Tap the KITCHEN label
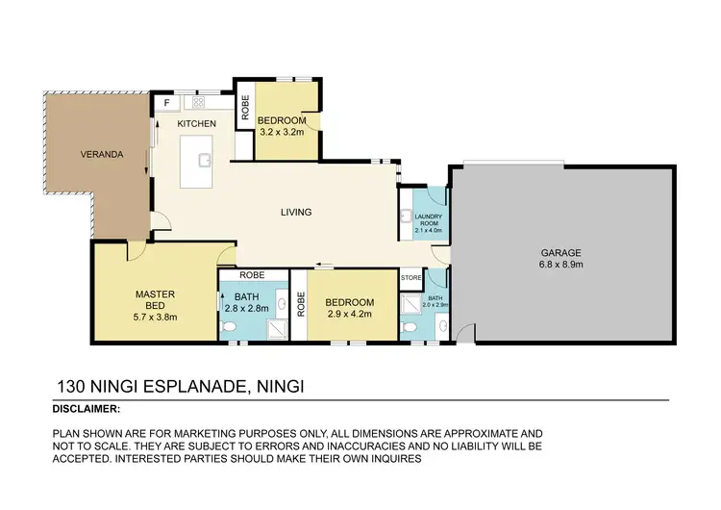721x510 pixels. pos(195,124)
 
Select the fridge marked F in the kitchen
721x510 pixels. pos(166,101)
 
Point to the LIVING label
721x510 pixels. pos(295,213)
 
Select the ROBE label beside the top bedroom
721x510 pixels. pos(245,110)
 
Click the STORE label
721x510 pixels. pos(410,279)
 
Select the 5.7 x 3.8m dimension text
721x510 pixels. pos(153,317)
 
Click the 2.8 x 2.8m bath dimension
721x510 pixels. pos(246,310)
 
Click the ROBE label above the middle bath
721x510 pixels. pos(253,274)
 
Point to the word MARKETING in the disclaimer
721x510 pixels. pos(187,434)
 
